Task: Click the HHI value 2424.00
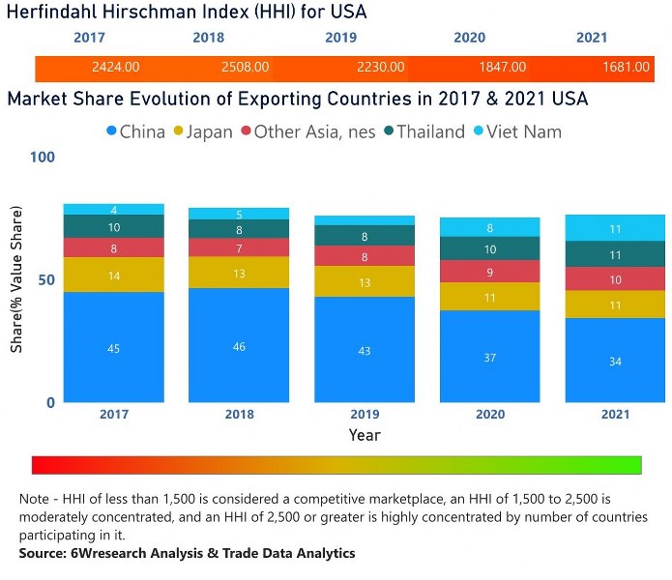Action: tap(116, 68)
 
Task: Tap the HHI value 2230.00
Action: tap(374, 68)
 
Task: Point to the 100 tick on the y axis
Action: tap(44, 157)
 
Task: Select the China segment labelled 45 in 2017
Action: tap(114, 347)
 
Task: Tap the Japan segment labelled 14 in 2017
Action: tap(114, 275)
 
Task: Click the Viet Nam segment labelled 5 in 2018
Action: tap(239, 214)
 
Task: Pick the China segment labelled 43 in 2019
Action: tap(365, 349)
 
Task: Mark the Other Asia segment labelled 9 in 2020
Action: tap(490, 274)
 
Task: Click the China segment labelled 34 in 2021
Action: tap(615, 360)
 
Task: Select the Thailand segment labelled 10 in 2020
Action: tap(490, 248)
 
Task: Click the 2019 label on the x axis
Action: tap(365, 414)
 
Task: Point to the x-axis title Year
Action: tap(365, 435)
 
